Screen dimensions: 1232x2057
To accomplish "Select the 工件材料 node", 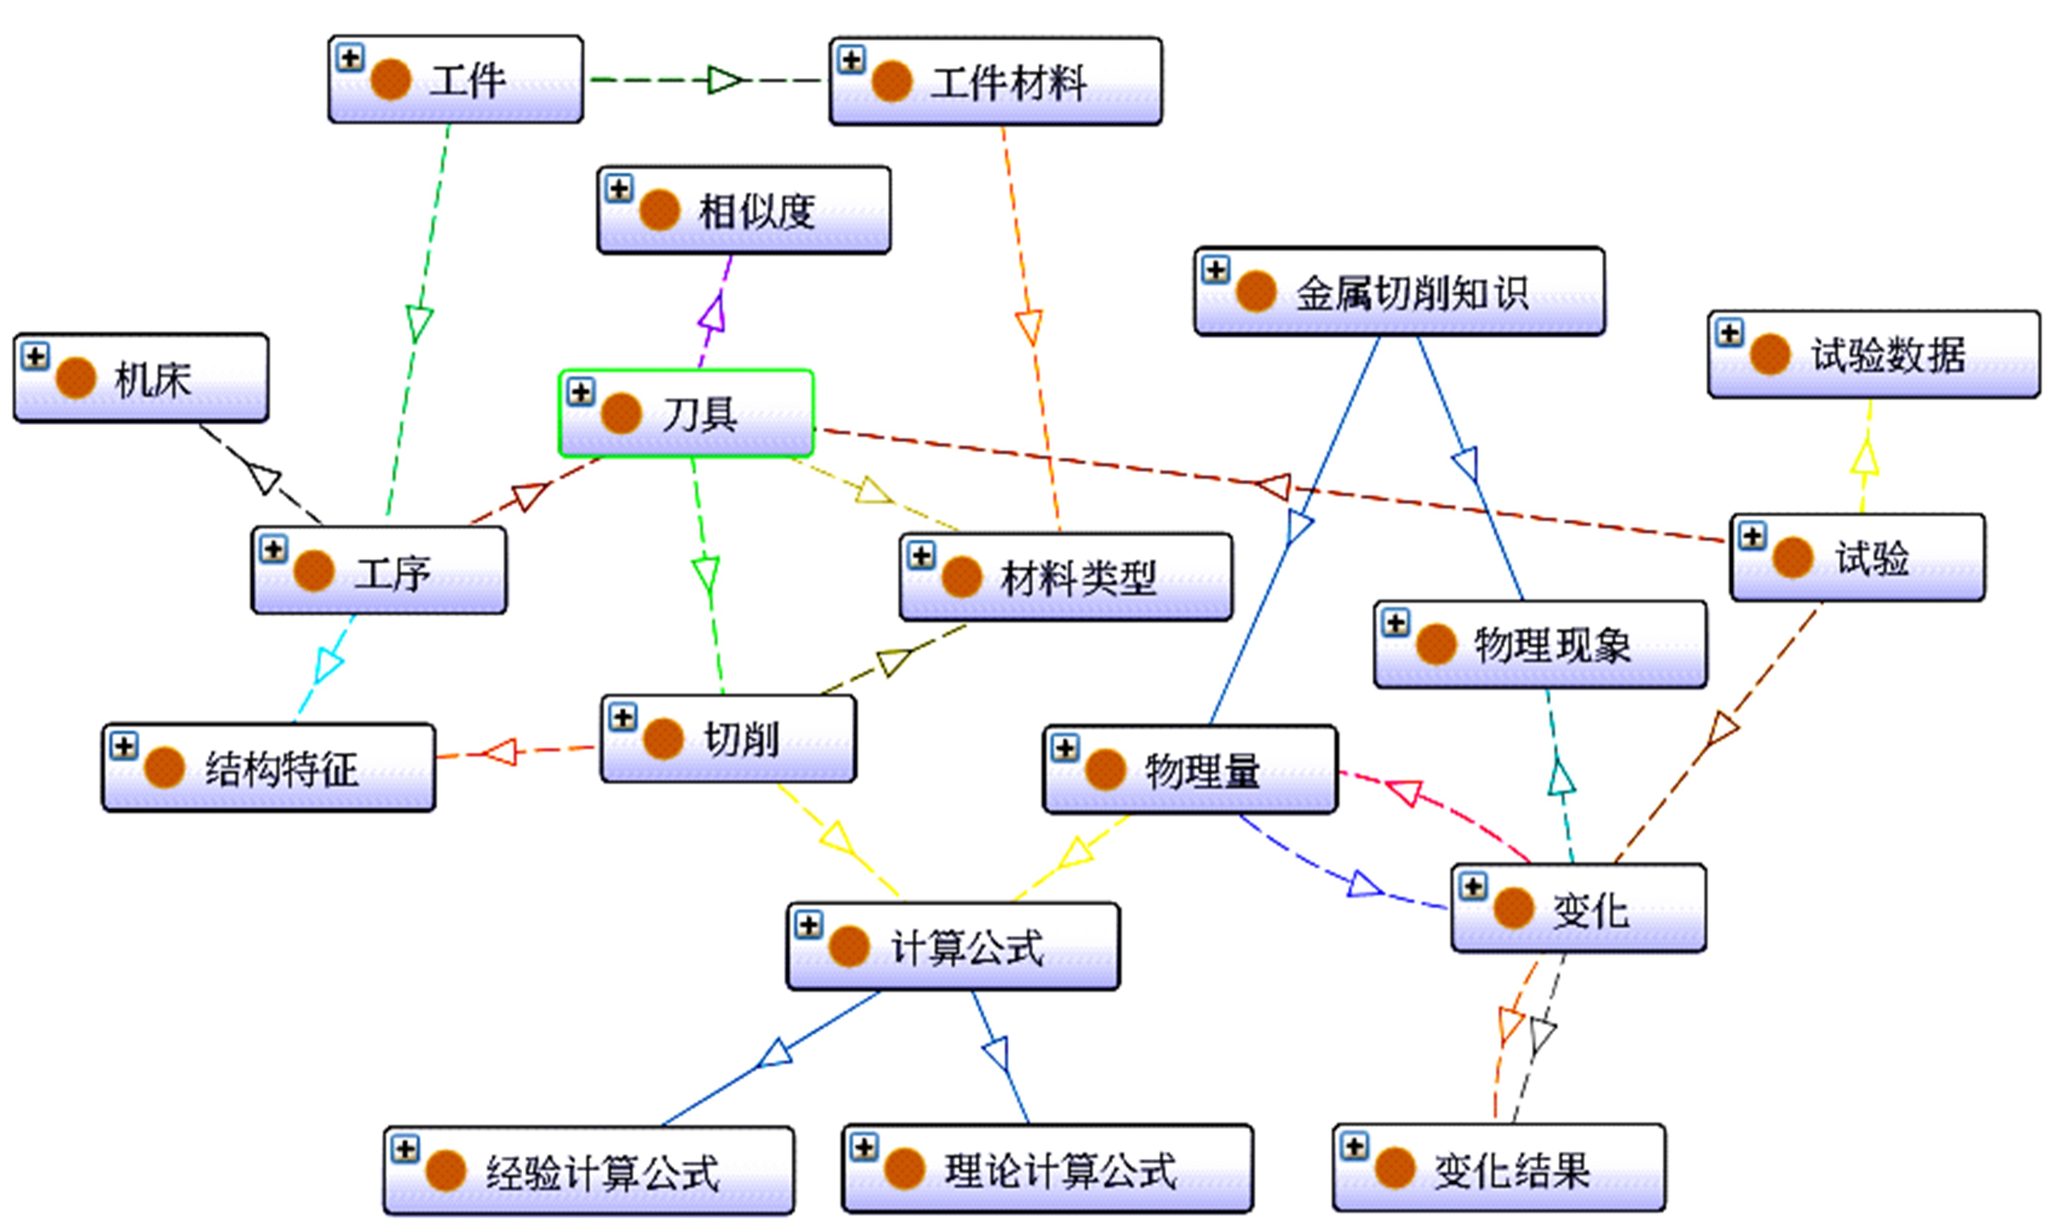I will coord(995,81).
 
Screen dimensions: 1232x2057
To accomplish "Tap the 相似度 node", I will coord(744,210).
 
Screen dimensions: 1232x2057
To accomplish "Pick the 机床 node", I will coord(141,378).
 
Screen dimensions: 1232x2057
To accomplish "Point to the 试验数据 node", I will coord(1874,355).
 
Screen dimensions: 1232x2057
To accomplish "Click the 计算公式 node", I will coord(953,946).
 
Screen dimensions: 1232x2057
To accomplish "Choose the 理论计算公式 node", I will coord(1048,1169).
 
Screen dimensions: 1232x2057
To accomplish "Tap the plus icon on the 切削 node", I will coord(623,717).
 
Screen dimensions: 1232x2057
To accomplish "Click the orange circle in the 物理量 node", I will coord(1105,770).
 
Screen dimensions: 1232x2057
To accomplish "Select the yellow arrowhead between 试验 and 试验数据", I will coord(1864,457).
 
